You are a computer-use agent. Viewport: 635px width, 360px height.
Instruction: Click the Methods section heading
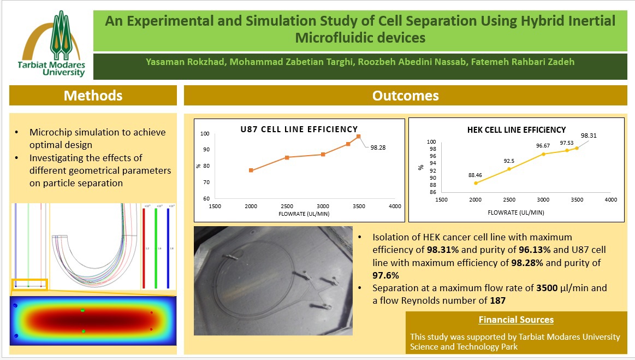point(93,96)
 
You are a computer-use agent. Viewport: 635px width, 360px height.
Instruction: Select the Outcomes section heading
point(405,96)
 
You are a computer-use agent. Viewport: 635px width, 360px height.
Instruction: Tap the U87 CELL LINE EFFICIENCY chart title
point(299,129)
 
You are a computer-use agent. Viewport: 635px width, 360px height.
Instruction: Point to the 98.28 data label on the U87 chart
point(378,147)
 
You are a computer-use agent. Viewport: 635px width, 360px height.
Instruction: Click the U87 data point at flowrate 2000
point(251,170)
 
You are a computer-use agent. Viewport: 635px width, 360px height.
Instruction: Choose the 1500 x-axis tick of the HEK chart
point(441,200)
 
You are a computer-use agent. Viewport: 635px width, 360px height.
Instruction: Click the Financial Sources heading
point(516,320)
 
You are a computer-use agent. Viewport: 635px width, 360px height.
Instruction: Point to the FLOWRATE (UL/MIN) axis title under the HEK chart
point(517,213)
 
